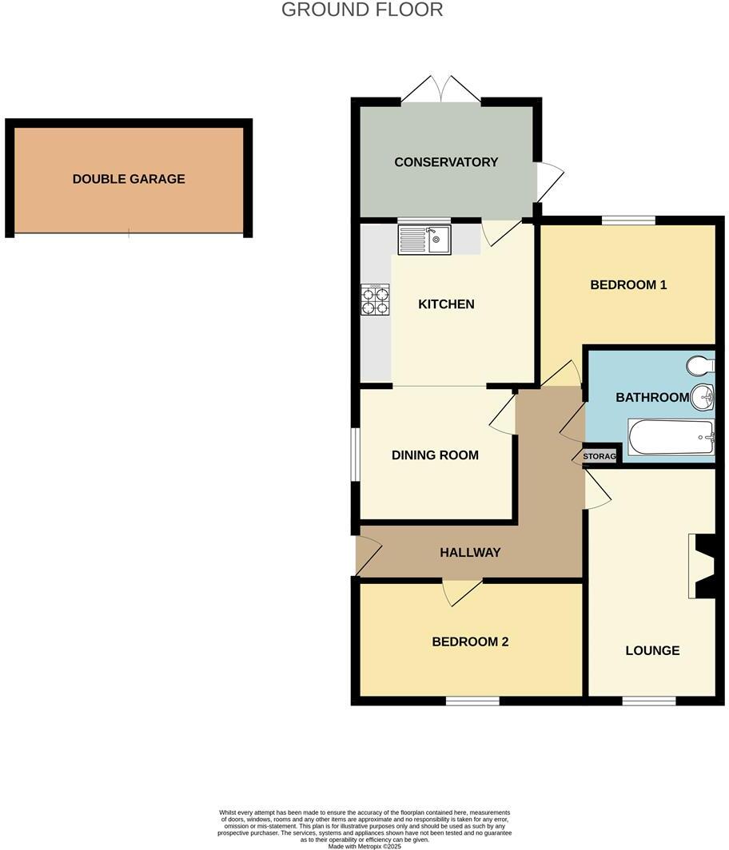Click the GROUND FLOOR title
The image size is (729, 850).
(362, 10)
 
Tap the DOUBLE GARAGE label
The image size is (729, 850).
(129, 179)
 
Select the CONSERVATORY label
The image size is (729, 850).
(446, 162)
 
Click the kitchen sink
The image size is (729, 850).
(424, 239)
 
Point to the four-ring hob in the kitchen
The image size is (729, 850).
(375, 300)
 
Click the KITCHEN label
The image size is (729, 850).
(447, 304)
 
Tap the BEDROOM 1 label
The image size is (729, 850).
(628, 285)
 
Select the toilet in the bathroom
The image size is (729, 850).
(701, 365)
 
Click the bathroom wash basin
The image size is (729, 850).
(703, 395)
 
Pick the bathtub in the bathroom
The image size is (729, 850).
(671, 437)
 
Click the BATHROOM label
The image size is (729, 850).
(652, 398)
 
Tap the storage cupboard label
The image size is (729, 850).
(600, 457)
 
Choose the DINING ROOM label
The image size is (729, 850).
(435, 455)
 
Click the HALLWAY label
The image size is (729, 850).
(470, 553)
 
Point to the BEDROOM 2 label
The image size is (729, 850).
(470, 642)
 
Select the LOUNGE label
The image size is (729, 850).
(652, 651)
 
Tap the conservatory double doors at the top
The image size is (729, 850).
(440, 89)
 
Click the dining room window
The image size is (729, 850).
(356, 455)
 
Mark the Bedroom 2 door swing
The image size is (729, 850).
(462, 592)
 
